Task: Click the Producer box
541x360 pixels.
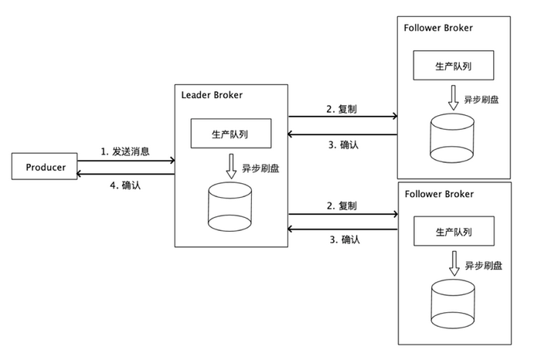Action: pos(45,166)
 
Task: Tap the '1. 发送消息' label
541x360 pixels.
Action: pos(125,151)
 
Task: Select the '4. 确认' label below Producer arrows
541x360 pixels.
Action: pos(125,185)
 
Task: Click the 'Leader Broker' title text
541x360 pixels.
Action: pos(212,95)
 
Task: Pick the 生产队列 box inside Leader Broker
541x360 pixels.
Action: pos(231,134)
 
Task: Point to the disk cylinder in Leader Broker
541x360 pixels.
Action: pos(230,207)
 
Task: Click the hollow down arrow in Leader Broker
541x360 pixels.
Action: pos(231,166)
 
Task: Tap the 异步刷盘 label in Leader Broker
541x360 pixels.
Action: pos(260,168)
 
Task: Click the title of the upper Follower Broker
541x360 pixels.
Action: pos(438,28)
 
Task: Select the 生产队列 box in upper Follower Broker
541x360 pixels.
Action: pos(454,65)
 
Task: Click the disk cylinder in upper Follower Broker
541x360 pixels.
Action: pos(452,138)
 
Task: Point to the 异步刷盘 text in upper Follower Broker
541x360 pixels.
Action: pos(481,100)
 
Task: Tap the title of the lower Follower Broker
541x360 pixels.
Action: pos(439,194)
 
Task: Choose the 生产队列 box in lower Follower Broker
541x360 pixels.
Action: pos(454,231)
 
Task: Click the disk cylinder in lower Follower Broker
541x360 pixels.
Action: pos(453,304)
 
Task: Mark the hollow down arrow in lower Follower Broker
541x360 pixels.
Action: pos(454,263)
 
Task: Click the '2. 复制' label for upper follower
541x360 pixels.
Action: pos(342,109)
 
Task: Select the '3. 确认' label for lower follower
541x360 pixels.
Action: pos(345,239)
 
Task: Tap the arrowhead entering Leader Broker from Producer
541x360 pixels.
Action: pos(172,161)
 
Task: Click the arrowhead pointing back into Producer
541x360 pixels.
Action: pos(80,174)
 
